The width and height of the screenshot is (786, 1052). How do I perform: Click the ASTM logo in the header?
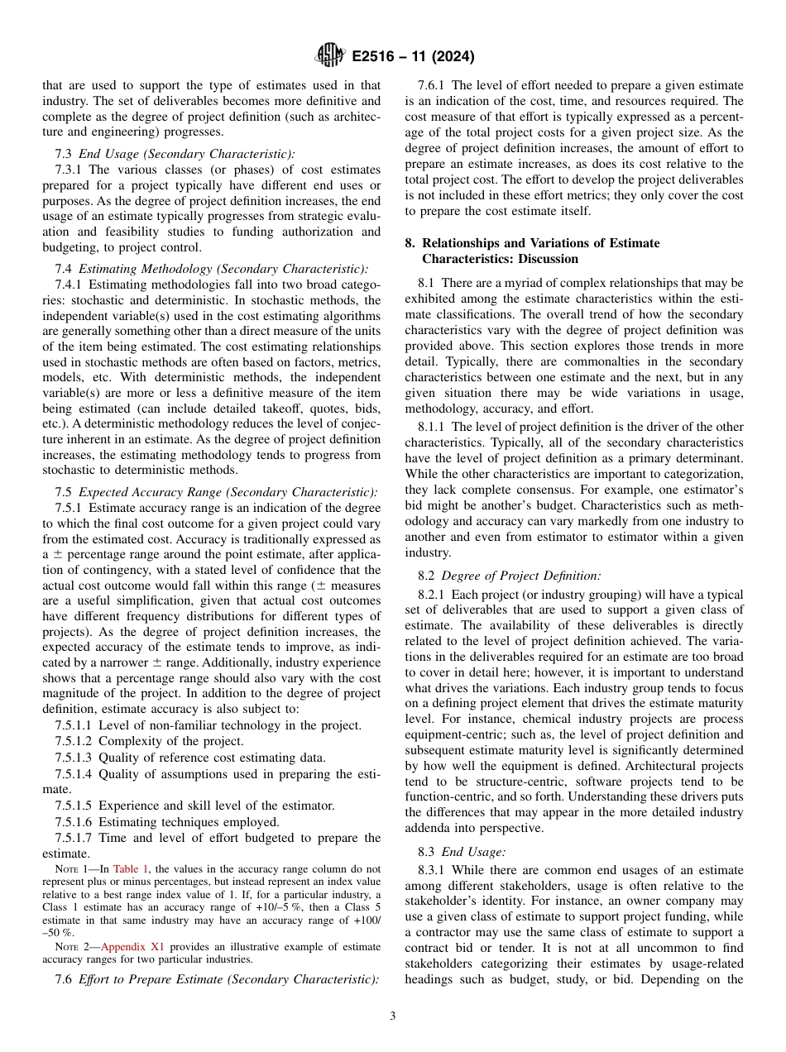point(329,57)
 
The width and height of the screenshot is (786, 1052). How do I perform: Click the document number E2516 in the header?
point(376,58)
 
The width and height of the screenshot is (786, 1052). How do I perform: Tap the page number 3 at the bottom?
point(393,1016)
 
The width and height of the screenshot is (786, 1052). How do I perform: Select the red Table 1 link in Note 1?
point(131,869)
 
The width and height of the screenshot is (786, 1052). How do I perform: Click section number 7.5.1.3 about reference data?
point(74,758)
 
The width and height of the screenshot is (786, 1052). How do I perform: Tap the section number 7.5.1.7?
point(74,838)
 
